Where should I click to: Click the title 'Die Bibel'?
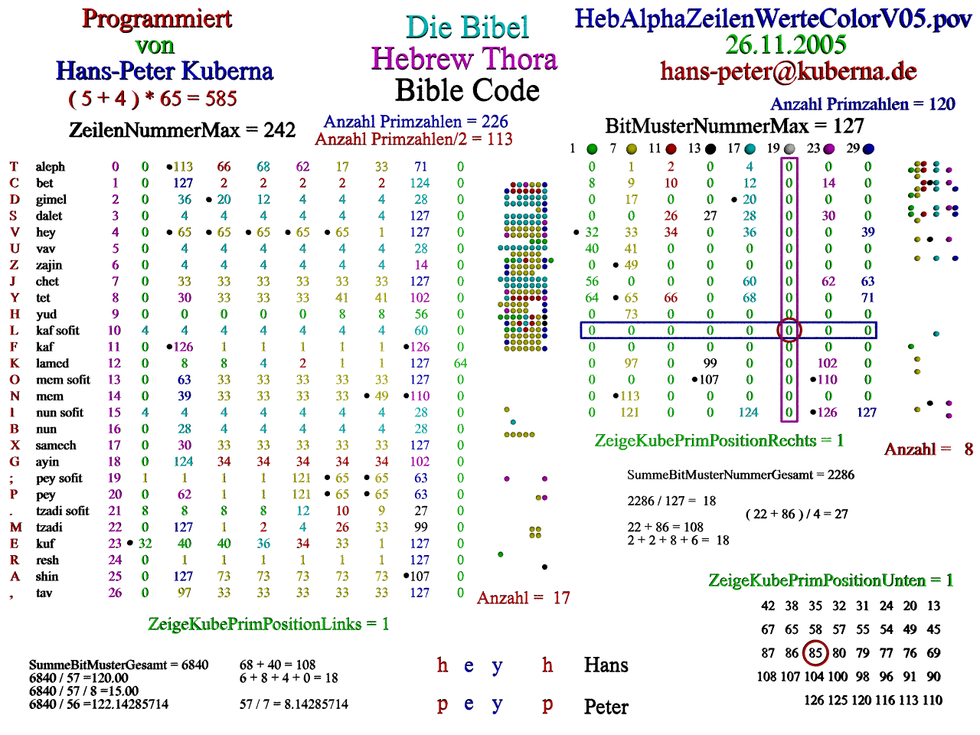[467, 28]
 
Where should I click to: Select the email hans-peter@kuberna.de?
[789, 71]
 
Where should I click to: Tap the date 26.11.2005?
[786, 44]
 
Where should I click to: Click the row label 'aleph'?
[51, 167]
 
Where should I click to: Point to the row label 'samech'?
[56, 446]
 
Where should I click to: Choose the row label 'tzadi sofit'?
[63, 511]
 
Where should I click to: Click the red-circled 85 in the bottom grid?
[815, 653]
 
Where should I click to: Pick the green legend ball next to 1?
[592, 149]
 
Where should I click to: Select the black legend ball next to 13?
[710, 149]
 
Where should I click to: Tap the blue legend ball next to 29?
[868, 149]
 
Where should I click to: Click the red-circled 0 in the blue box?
[789, 331]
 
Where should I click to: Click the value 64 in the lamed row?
[460, 364]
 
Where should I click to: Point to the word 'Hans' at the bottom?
[606, 665]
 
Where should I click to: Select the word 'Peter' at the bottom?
[606, 707]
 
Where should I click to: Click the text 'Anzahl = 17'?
[523, 598]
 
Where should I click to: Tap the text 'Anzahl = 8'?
[928, 449]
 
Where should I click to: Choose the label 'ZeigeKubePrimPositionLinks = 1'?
[268, 625]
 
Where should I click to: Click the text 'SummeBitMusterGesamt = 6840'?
[119, 665]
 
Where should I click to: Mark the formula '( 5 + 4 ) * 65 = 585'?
[152, 99]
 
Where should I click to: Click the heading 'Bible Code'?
[467, 91]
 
